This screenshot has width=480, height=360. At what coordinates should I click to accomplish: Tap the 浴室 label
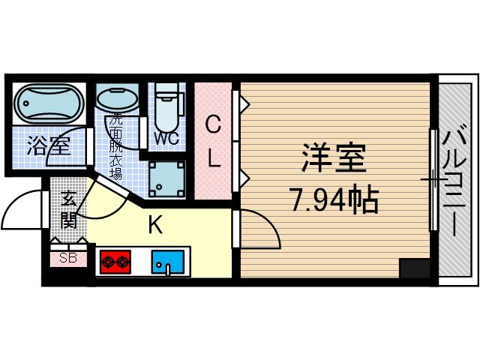[x=49, y=145]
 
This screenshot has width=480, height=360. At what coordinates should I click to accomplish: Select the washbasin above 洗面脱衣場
[x=117, y=99]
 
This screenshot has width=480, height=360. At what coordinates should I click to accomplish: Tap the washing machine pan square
[x=166, y=177]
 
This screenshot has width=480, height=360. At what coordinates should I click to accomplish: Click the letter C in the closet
[x=213, y=125]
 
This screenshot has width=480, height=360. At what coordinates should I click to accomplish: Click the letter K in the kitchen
[x=156, y=224]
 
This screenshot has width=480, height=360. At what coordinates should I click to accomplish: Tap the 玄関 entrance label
[x=68, y=209]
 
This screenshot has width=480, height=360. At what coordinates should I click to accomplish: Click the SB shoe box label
[x=67, y=259]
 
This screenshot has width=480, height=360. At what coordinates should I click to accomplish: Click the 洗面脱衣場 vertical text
[x=116, y=146]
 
